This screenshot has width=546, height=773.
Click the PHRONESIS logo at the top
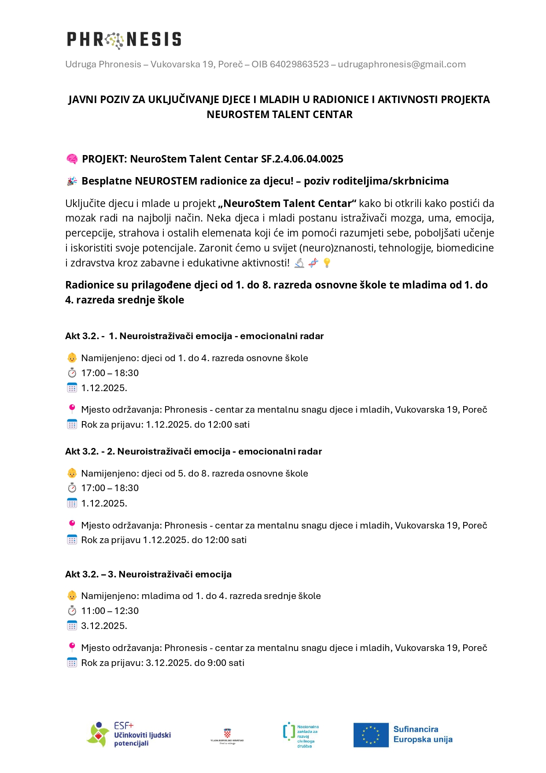point(124,40)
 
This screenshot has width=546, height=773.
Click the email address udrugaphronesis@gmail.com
point(402,64)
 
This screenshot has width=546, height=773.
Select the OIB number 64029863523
point(299,64)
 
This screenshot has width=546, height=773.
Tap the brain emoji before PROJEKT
point(72,159)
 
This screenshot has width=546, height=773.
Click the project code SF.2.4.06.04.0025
point(302,159)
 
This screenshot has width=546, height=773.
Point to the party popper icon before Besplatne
point(72,181)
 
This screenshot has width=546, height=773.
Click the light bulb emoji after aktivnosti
point(327,263)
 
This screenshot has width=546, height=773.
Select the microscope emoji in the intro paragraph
point(299,263)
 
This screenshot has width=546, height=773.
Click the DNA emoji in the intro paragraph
point(313,263)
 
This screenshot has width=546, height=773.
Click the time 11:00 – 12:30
point(110,611)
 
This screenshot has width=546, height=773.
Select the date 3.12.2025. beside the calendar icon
point(104,626)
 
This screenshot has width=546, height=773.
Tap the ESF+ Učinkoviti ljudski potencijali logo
point(129,734)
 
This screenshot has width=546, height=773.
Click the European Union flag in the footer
point(371,735)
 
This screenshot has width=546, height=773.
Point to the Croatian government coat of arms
point(227,733)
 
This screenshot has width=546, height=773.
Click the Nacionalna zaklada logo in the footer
point(301,735)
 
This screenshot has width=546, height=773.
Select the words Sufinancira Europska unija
point(423,734)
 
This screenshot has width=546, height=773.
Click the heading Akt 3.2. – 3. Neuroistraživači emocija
point(148,574)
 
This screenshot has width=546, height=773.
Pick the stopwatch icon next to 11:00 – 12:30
point(72,611)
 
